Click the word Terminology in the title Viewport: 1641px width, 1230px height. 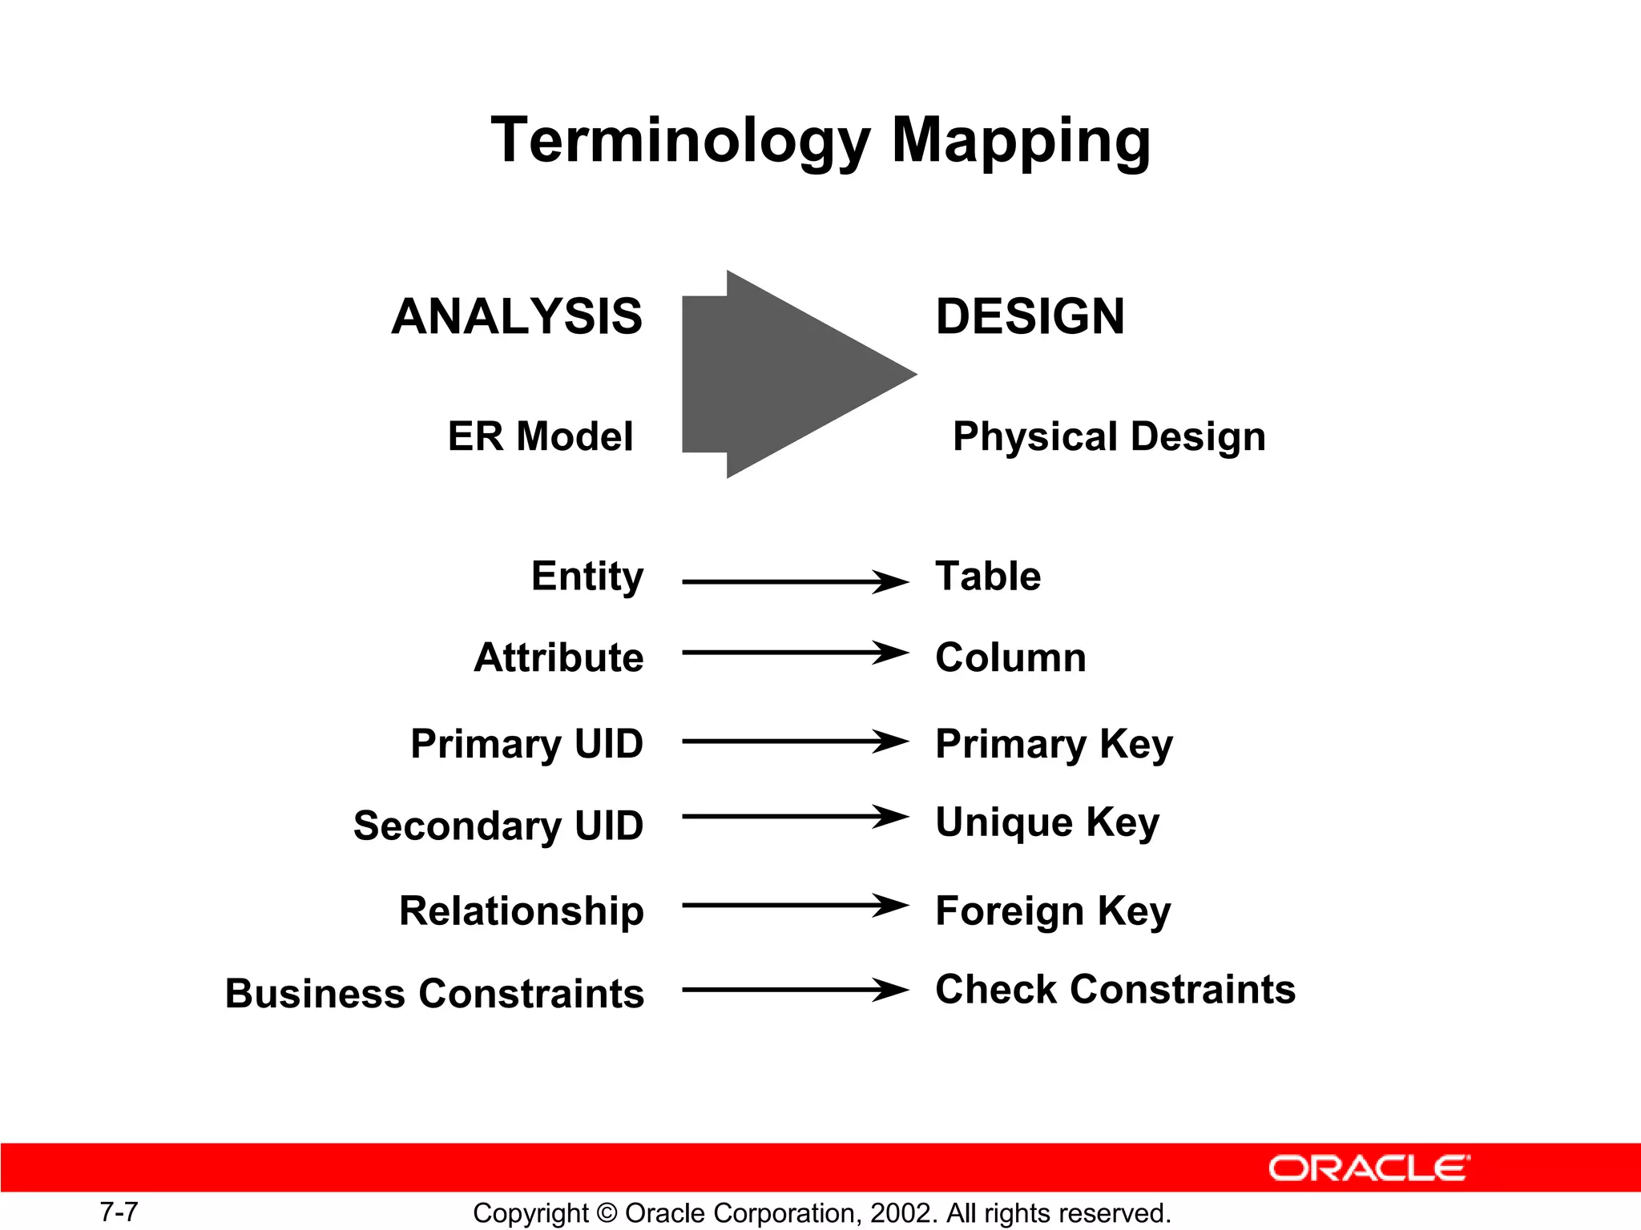679,141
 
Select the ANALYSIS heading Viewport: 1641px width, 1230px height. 517,316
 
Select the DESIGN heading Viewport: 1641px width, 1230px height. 1030,316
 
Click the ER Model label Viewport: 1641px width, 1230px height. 540,436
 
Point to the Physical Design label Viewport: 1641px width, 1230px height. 1109,437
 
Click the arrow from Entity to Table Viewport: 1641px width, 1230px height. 793,582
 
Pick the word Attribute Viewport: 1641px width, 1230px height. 558,657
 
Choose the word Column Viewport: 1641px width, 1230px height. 1010,657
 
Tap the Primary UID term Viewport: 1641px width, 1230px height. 526,744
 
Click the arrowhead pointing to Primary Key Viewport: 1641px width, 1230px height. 891,742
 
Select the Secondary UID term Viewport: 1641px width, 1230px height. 498,826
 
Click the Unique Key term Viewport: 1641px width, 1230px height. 1046,822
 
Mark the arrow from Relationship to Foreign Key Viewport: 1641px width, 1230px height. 793,906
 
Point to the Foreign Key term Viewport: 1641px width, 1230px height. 1052,911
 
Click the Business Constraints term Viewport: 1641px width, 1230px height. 434,994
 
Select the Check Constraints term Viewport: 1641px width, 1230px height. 1115,990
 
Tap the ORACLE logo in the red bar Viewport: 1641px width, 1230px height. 1369,1168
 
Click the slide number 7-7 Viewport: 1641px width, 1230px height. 119,1212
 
